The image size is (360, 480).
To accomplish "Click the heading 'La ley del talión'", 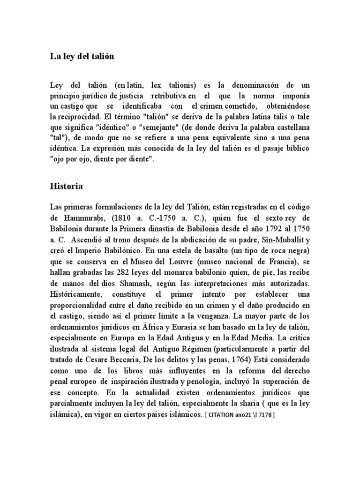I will click(82, 57).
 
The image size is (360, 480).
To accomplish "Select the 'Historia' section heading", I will click(66, 186).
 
